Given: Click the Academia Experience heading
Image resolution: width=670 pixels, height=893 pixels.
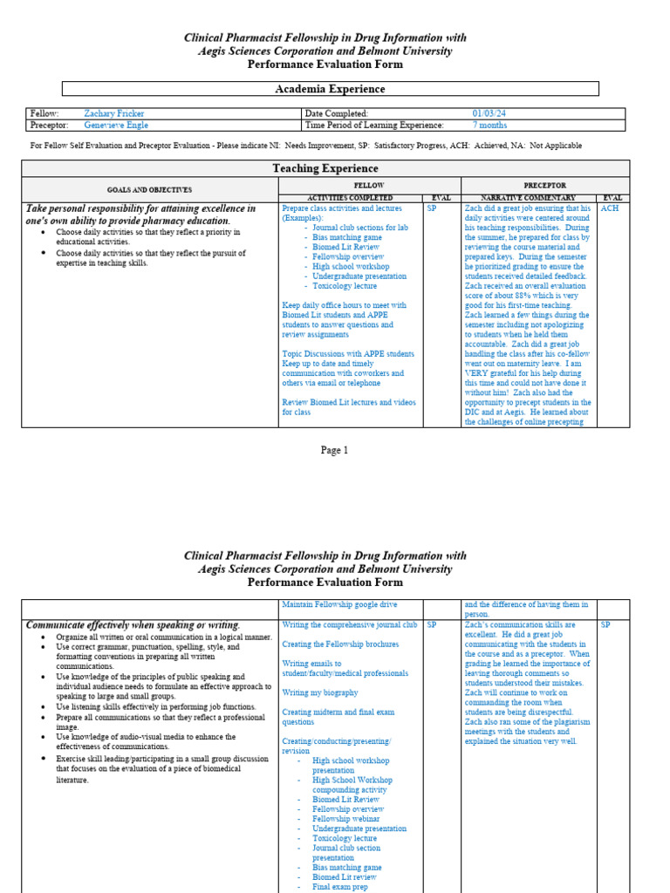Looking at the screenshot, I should [330, 89].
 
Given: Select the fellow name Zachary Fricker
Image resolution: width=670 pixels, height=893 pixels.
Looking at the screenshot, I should [114, 113].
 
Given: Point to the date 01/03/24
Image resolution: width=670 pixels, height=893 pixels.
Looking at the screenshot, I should [489, 113].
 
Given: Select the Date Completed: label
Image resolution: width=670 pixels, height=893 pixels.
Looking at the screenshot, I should [336, 113].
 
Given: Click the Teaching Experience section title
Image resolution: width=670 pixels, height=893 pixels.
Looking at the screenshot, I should [325, 168].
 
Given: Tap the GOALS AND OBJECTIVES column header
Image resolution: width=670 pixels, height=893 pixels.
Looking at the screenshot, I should [149, 189].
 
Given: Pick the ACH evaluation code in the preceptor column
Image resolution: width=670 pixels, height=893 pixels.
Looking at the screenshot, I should [610, 209].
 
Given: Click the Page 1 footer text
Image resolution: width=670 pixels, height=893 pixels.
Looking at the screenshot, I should [334, 451].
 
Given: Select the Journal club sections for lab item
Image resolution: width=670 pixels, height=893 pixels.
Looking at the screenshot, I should [360, 228].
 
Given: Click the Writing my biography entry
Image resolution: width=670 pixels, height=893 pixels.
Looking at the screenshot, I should [319, 692].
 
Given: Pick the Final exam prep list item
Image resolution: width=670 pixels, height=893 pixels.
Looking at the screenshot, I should [339, 887].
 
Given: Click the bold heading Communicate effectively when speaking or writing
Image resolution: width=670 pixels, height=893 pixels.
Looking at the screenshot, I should [133, 625].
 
